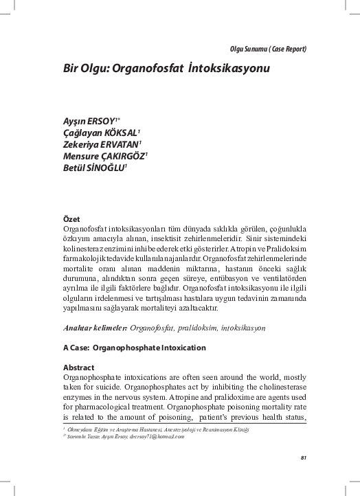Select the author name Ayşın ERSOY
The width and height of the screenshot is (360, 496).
pos(87,121)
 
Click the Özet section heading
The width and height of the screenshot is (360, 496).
pos(71,218)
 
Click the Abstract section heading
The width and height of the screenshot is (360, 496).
pos(78,368)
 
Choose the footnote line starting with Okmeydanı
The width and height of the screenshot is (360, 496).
pos(158,429)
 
